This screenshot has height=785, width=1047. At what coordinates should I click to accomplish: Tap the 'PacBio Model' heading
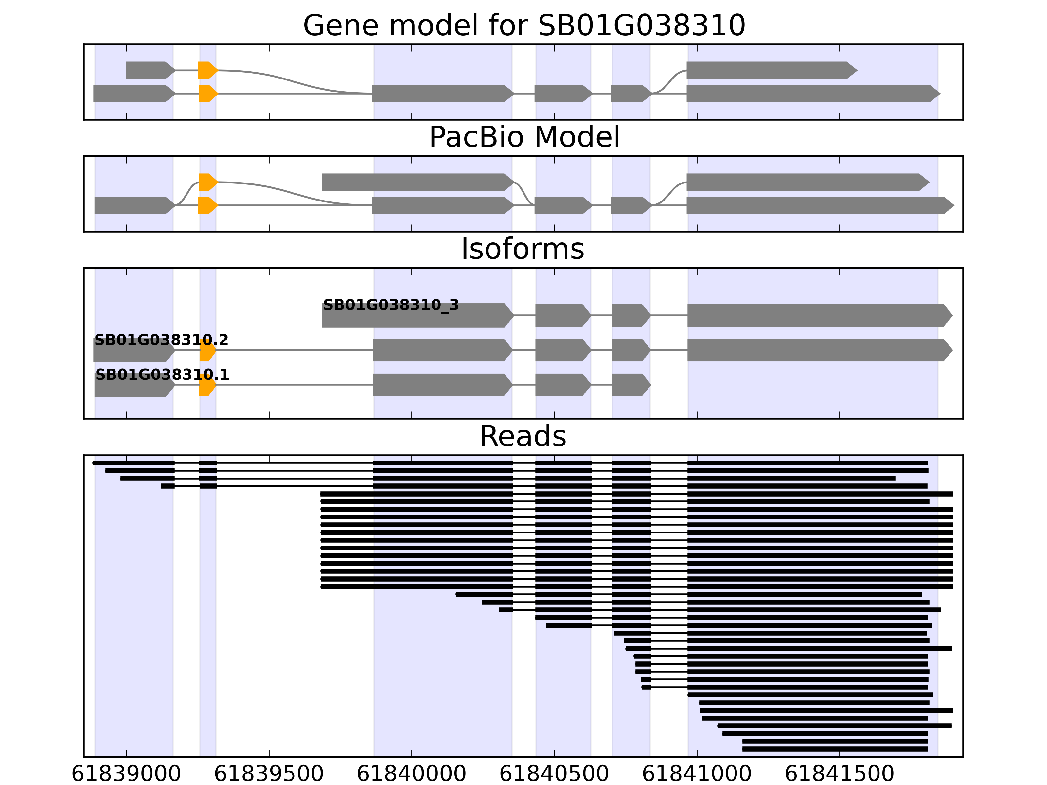tap(523, 137)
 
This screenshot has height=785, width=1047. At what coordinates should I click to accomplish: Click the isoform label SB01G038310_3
tap(390, 305)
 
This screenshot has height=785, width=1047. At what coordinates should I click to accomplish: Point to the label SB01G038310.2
tap(161, 340)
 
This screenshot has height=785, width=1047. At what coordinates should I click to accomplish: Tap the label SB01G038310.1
tap(162, 375)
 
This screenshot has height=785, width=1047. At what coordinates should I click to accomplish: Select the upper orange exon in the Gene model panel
tap(207, 71)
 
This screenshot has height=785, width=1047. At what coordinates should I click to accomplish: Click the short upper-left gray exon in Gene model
tap(149, 71)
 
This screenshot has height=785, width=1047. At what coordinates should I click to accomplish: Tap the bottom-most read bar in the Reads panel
tap(835, 749)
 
